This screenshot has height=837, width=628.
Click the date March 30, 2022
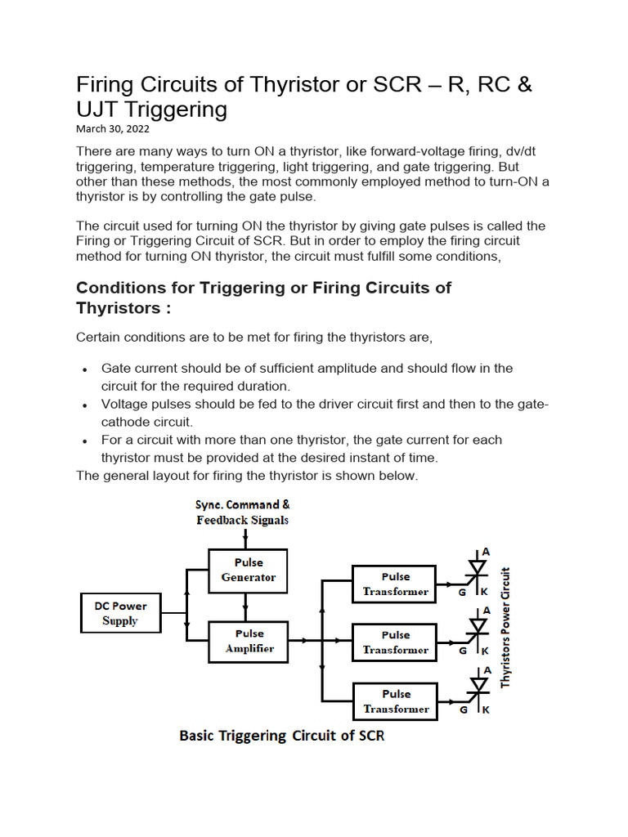click(x=113, y=129)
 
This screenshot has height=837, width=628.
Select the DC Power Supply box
click(x=120, y=614)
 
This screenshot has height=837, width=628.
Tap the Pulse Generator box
click(x=249, y=570)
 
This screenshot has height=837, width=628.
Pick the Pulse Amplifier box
click(x=249, y=641)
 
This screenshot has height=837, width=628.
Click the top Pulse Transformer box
click(x=395, y=584)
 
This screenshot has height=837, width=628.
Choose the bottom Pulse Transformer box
click(x=395, y=701)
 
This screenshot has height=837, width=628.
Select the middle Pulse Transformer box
click(x=395, y=642)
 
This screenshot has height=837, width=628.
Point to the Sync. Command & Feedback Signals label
click(x=242, y=512)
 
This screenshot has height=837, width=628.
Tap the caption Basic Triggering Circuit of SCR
click(x=281, y=736)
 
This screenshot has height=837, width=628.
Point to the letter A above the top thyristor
click(x=487, y=553)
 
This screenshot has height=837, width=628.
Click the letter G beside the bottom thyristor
click(x=464, y=710)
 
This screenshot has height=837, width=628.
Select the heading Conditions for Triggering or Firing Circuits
click(x=263, y=298)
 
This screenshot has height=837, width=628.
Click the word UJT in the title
click(x=100, y=109)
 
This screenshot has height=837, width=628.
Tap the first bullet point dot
click(x=85, y=369)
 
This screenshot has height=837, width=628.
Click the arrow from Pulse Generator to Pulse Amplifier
click(x=245, y=606)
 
